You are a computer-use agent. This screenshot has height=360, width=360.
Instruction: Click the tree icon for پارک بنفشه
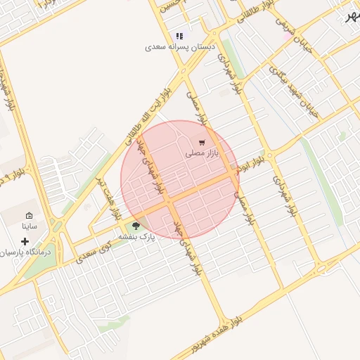pos(136,226)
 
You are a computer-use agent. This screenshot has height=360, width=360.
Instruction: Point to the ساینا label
pos(29,226)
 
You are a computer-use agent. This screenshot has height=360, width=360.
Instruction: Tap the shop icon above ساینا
pos(29,216)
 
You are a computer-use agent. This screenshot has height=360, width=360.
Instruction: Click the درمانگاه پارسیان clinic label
pos(26,251)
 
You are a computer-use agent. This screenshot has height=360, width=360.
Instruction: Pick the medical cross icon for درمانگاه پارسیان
pos(25,241)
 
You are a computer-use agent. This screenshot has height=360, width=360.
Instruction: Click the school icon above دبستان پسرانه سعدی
pos(180,36)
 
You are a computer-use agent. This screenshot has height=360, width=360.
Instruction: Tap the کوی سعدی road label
pos(94,252)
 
